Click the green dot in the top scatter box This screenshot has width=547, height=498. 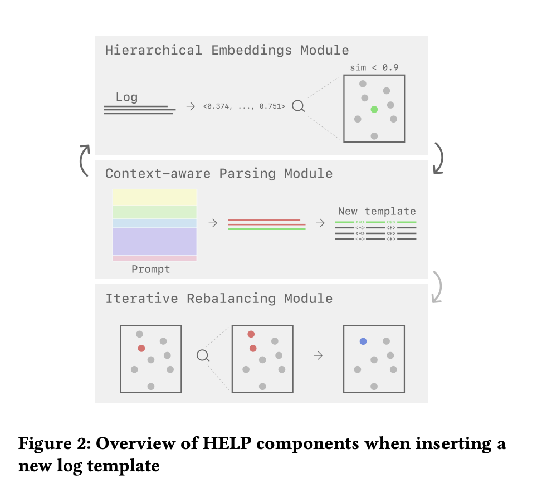point(374,109)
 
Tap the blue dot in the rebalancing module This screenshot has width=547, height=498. point(363,341)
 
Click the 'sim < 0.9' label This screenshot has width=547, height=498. point(374,67)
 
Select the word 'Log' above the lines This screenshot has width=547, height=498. point(126,97)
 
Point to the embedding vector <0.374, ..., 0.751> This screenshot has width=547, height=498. point(244,106)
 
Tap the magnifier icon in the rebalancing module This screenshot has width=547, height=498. point(203,355)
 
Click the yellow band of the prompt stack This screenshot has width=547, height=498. point(154,197)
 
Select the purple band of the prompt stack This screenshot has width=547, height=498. point(154,241)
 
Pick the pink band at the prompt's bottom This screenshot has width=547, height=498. point(154,258)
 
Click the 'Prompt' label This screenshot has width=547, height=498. point(150,270)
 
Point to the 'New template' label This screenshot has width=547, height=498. point(377,211)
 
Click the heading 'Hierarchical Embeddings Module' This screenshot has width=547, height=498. point(227,50)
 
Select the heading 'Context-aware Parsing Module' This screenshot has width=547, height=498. point(219,173)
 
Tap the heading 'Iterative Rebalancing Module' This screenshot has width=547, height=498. point(219,298)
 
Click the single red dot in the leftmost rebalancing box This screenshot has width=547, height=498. point(141,348)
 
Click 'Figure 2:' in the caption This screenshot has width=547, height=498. point(51,444)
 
